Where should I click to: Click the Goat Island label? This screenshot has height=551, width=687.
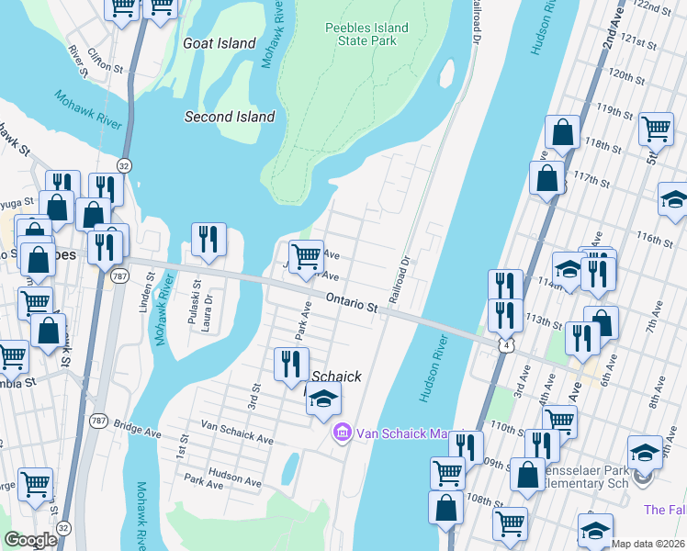tap(219, 43)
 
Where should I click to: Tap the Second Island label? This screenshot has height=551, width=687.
tap(229, 117)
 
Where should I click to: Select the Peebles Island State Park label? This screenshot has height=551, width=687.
tap(367, 36)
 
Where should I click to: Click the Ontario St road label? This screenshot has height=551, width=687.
tap(352, 305)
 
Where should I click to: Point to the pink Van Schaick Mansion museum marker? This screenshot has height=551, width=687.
tap(343, 431)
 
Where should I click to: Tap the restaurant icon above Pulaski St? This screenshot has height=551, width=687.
tap(208, 241)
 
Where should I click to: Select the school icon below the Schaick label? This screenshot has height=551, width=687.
tap(322, 399)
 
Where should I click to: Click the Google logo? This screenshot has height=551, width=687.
tap(31, 540)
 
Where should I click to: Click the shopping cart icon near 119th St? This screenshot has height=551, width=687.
tap(656, 129)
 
